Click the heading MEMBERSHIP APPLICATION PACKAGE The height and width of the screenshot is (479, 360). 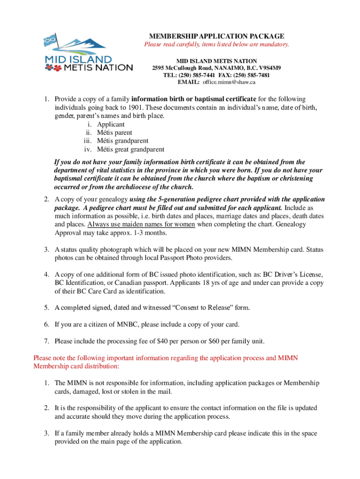(x=216, y=36)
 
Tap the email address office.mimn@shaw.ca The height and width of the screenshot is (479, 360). (x=229, y=82)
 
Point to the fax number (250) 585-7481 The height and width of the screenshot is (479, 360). (x=253, y=75)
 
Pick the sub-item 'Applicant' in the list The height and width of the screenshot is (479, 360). (x=111, y=124)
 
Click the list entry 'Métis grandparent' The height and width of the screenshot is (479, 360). (x=122, y=141)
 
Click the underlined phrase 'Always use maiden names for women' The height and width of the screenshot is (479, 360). (x=141, y=224)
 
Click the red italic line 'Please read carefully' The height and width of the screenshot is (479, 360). (x=216, y=45)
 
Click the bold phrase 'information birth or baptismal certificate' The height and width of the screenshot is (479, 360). (x=194, y=99)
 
